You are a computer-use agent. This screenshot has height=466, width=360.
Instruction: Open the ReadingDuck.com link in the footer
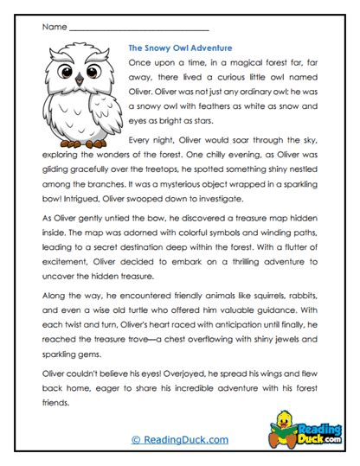[x=180, y=440]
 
